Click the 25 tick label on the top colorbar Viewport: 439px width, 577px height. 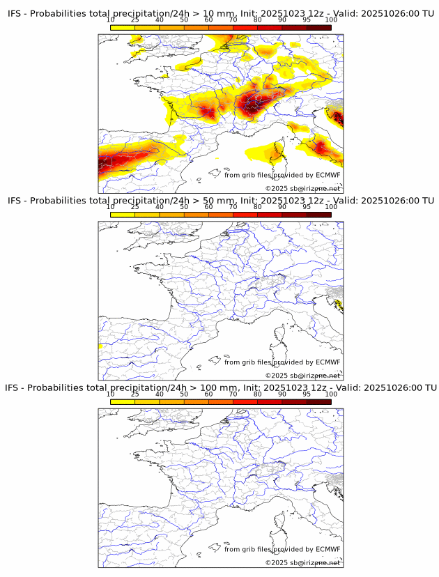[135, 20]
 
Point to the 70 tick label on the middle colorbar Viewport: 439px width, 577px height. [233, 206]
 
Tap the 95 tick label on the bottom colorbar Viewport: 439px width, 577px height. [307, 394]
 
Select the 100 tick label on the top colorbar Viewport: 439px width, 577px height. [331, 20]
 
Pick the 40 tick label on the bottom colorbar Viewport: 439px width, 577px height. [160, 394]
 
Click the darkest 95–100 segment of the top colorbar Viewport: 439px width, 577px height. [318, 27]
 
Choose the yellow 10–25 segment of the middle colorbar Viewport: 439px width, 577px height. [123, 215]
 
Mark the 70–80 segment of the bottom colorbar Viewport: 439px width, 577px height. [245, 401]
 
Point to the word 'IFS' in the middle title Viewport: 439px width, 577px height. [15, 201]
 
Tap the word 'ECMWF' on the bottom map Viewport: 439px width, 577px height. [328, 549]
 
